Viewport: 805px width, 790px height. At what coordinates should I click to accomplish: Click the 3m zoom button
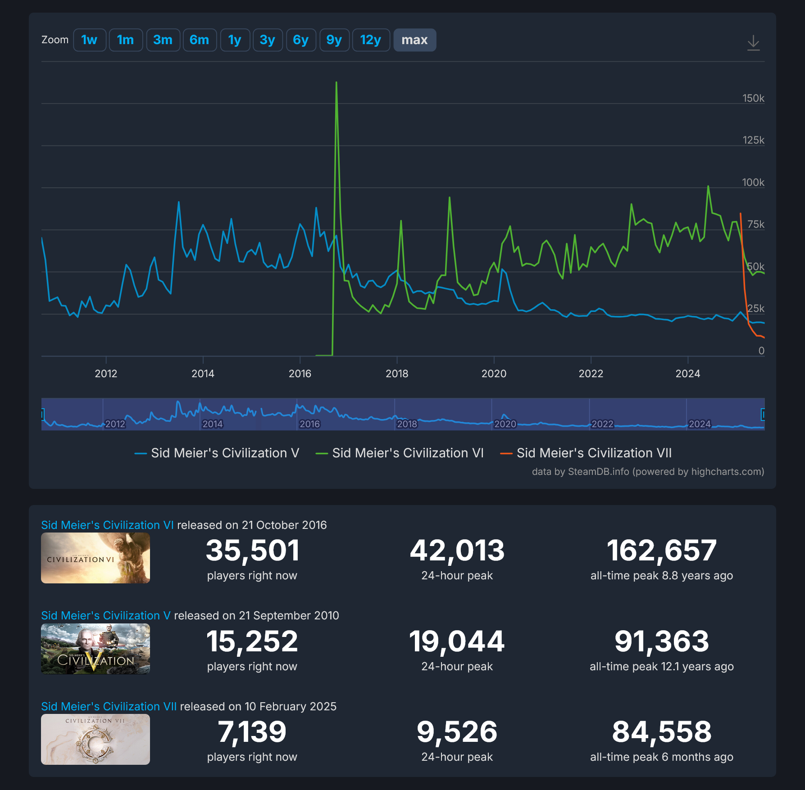[163, 40]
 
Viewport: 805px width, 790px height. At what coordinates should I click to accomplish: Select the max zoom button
[414, 40]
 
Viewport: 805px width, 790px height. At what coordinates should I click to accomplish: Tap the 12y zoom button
[370, 40]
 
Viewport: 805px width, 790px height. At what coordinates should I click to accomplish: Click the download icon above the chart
[753, 43]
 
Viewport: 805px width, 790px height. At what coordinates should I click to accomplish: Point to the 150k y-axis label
[753, 98]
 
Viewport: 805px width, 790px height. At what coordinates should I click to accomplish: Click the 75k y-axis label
[755, 224]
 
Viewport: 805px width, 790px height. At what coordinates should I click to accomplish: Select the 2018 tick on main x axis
[397, 373]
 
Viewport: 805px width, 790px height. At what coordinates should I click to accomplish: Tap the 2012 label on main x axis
[106, 373]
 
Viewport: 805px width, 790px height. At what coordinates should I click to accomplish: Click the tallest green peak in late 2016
[337, 83]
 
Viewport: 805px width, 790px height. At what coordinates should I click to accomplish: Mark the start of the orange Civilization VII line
[741, 214]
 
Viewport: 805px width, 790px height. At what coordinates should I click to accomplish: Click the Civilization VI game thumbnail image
[96, 558]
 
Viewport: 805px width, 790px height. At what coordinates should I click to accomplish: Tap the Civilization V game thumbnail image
[96, 649]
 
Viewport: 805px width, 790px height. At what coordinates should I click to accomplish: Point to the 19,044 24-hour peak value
[457, 641]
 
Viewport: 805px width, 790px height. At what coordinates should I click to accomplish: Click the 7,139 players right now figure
[252, 731]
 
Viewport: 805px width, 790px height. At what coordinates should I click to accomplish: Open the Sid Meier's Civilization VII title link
[109, 706]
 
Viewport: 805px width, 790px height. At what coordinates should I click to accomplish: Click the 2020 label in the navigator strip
[505, 424]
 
